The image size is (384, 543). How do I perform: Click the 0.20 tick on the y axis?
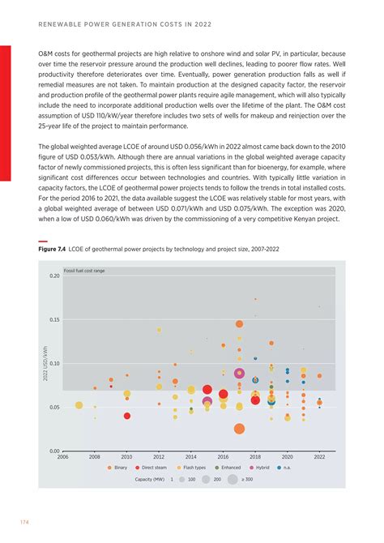tap(53, 276)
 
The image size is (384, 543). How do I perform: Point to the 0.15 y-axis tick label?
tap(53, 320)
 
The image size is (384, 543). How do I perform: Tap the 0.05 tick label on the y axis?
tap(53, 407)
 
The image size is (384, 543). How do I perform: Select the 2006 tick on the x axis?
tap(63, 457)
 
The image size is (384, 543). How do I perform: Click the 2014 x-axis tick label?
tap(191, 457)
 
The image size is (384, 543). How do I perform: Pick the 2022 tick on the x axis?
tap(319, 457)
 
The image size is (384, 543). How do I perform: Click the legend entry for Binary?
tap(117, 468)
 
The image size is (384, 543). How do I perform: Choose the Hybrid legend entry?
tap(259, 468)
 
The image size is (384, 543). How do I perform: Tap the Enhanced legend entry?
tap(227, 468)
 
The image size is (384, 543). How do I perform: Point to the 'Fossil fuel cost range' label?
tap(84, 270)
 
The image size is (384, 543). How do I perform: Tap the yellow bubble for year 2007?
tap(79, 405)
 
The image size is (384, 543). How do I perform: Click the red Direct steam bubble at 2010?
tap(127, 416)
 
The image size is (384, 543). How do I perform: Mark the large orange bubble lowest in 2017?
tap(239, 429)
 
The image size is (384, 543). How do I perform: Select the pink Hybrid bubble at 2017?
tap(239, 374)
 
